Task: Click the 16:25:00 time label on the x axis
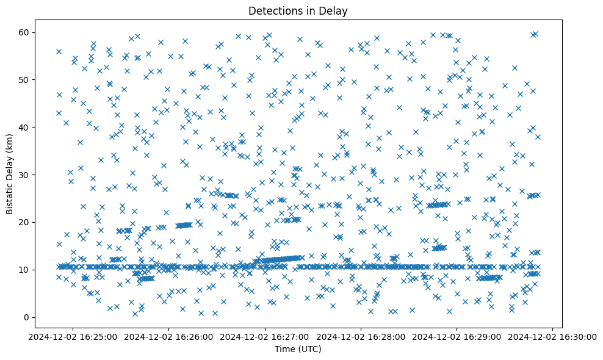pos(74,336)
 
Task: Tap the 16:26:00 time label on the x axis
pos(170,336)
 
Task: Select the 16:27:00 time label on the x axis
pos(265,336)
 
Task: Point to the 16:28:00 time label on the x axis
pos(361,336)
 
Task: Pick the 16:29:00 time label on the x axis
pos(457,336)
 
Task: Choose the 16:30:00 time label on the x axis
pos(553,336)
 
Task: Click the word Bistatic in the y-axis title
pos(10,196)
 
